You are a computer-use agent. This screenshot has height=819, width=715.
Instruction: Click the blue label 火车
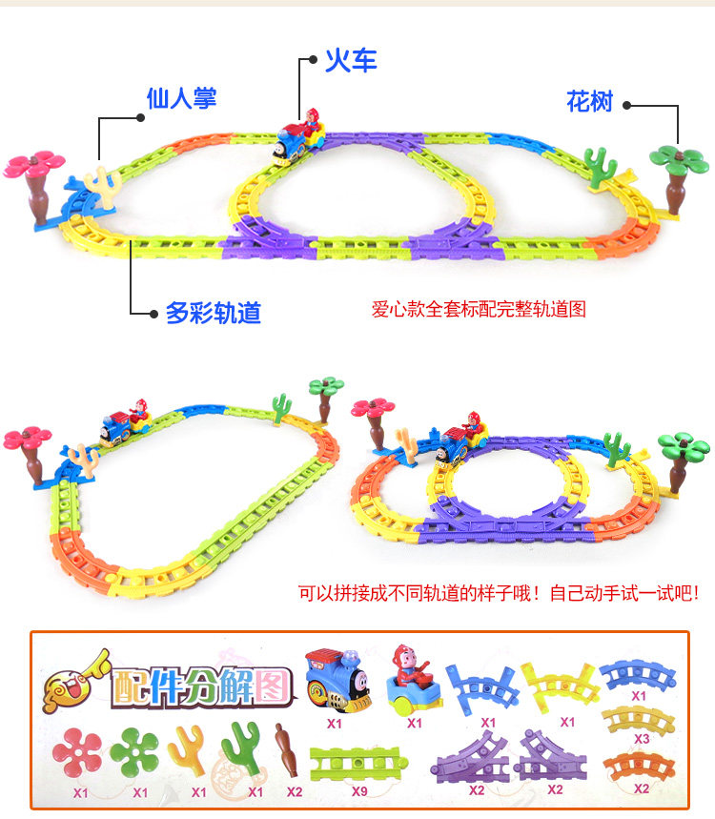click(351, 61)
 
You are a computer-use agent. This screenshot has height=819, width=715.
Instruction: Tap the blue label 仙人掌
click(181, 98)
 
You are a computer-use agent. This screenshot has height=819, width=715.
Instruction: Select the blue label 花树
click(589, 101)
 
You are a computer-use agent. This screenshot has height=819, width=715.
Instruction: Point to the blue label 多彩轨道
click(213, 312)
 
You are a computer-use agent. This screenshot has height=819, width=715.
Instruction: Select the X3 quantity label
click(640, 739)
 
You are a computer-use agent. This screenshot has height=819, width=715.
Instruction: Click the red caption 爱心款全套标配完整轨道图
click(478, 309)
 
